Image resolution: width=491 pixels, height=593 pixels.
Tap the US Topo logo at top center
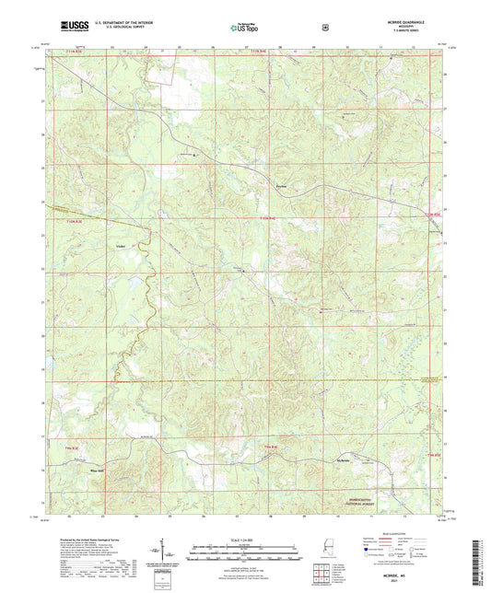(x=245, y=29)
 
